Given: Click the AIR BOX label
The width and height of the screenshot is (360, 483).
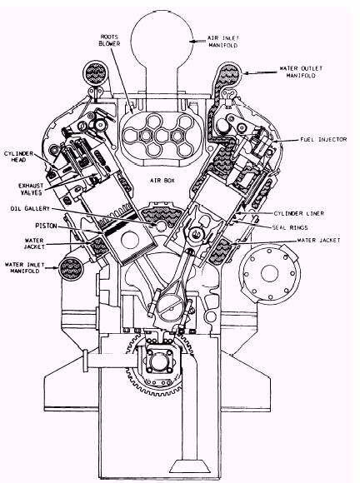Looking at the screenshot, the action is [162, 180].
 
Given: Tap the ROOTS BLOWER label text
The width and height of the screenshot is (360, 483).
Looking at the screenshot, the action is [109, 40].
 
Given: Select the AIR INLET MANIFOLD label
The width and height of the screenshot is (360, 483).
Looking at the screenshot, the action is [223, 42].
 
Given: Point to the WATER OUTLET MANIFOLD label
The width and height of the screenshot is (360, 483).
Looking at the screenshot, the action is [301, 72].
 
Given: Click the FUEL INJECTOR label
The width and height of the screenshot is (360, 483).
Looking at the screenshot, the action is [323, 140].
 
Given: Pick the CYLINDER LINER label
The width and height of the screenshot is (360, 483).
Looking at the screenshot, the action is [299, 213].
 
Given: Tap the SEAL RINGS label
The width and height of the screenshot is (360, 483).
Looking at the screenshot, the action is [290, 227].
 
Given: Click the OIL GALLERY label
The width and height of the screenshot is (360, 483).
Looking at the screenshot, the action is [30, 208].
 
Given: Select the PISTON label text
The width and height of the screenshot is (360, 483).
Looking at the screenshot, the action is [46, 226].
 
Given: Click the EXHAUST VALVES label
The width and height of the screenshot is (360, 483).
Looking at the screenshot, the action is [31, 189].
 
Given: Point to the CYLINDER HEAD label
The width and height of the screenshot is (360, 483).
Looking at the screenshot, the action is [19, 157].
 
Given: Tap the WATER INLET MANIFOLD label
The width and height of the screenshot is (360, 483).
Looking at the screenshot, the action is [25, 267].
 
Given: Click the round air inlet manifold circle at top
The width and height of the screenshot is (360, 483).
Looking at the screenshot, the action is [162, 40].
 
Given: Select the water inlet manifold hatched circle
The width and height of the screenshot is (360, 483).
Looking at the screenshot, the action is [72, 269].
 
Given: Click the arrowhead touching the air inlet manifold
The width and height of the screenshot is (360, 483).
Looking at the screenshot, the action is [192, 42].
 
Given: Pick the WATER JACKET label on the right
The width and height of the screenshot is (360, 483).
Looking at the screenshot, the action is [318, 241].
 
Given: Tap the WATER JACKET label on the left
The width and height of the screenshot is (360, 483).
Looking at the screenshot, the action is [34, 243].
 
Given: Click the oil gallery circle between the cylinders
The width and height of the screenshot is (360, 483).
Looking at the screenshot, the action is [161, 227].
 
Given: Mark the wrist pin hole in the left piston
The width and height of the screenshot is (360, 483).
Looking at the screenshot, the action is [130, 241].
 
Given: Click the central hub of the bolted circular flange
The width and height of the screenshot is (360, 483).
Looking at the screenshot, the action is [269, 273].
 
